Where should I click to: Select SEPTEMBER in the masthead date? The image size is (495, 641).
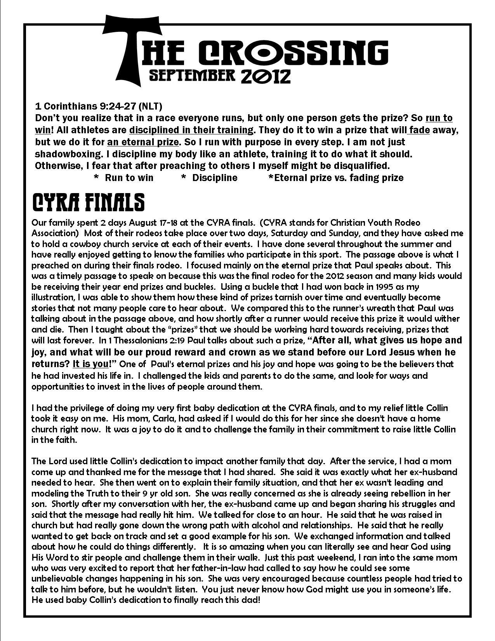pyautogui.click(x=192, y=75)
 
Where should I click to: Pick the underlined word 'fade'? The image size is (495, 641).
pyautogui.click(x=419, y=129)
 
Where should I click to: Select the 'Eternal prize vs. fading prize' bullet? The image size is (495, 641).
pyautogui.click(x=336, y=178)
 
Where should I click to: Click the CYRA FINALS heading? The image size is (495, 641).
pyautogui.click(x=88, y=203)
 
